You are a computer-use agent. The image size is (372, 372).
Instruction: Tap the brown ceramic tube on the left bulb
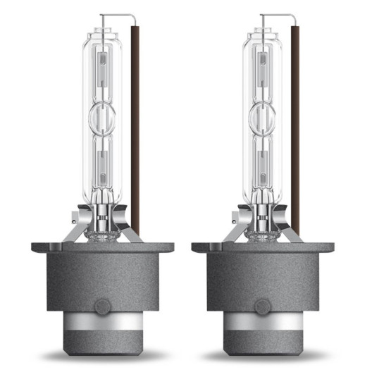click(135, 127)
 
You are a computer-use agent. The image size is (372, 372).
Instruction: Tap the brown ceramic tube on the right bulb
click(294, 127)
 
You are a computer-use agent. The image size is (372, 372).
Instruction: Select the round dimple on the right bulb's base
click(262, 307)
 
